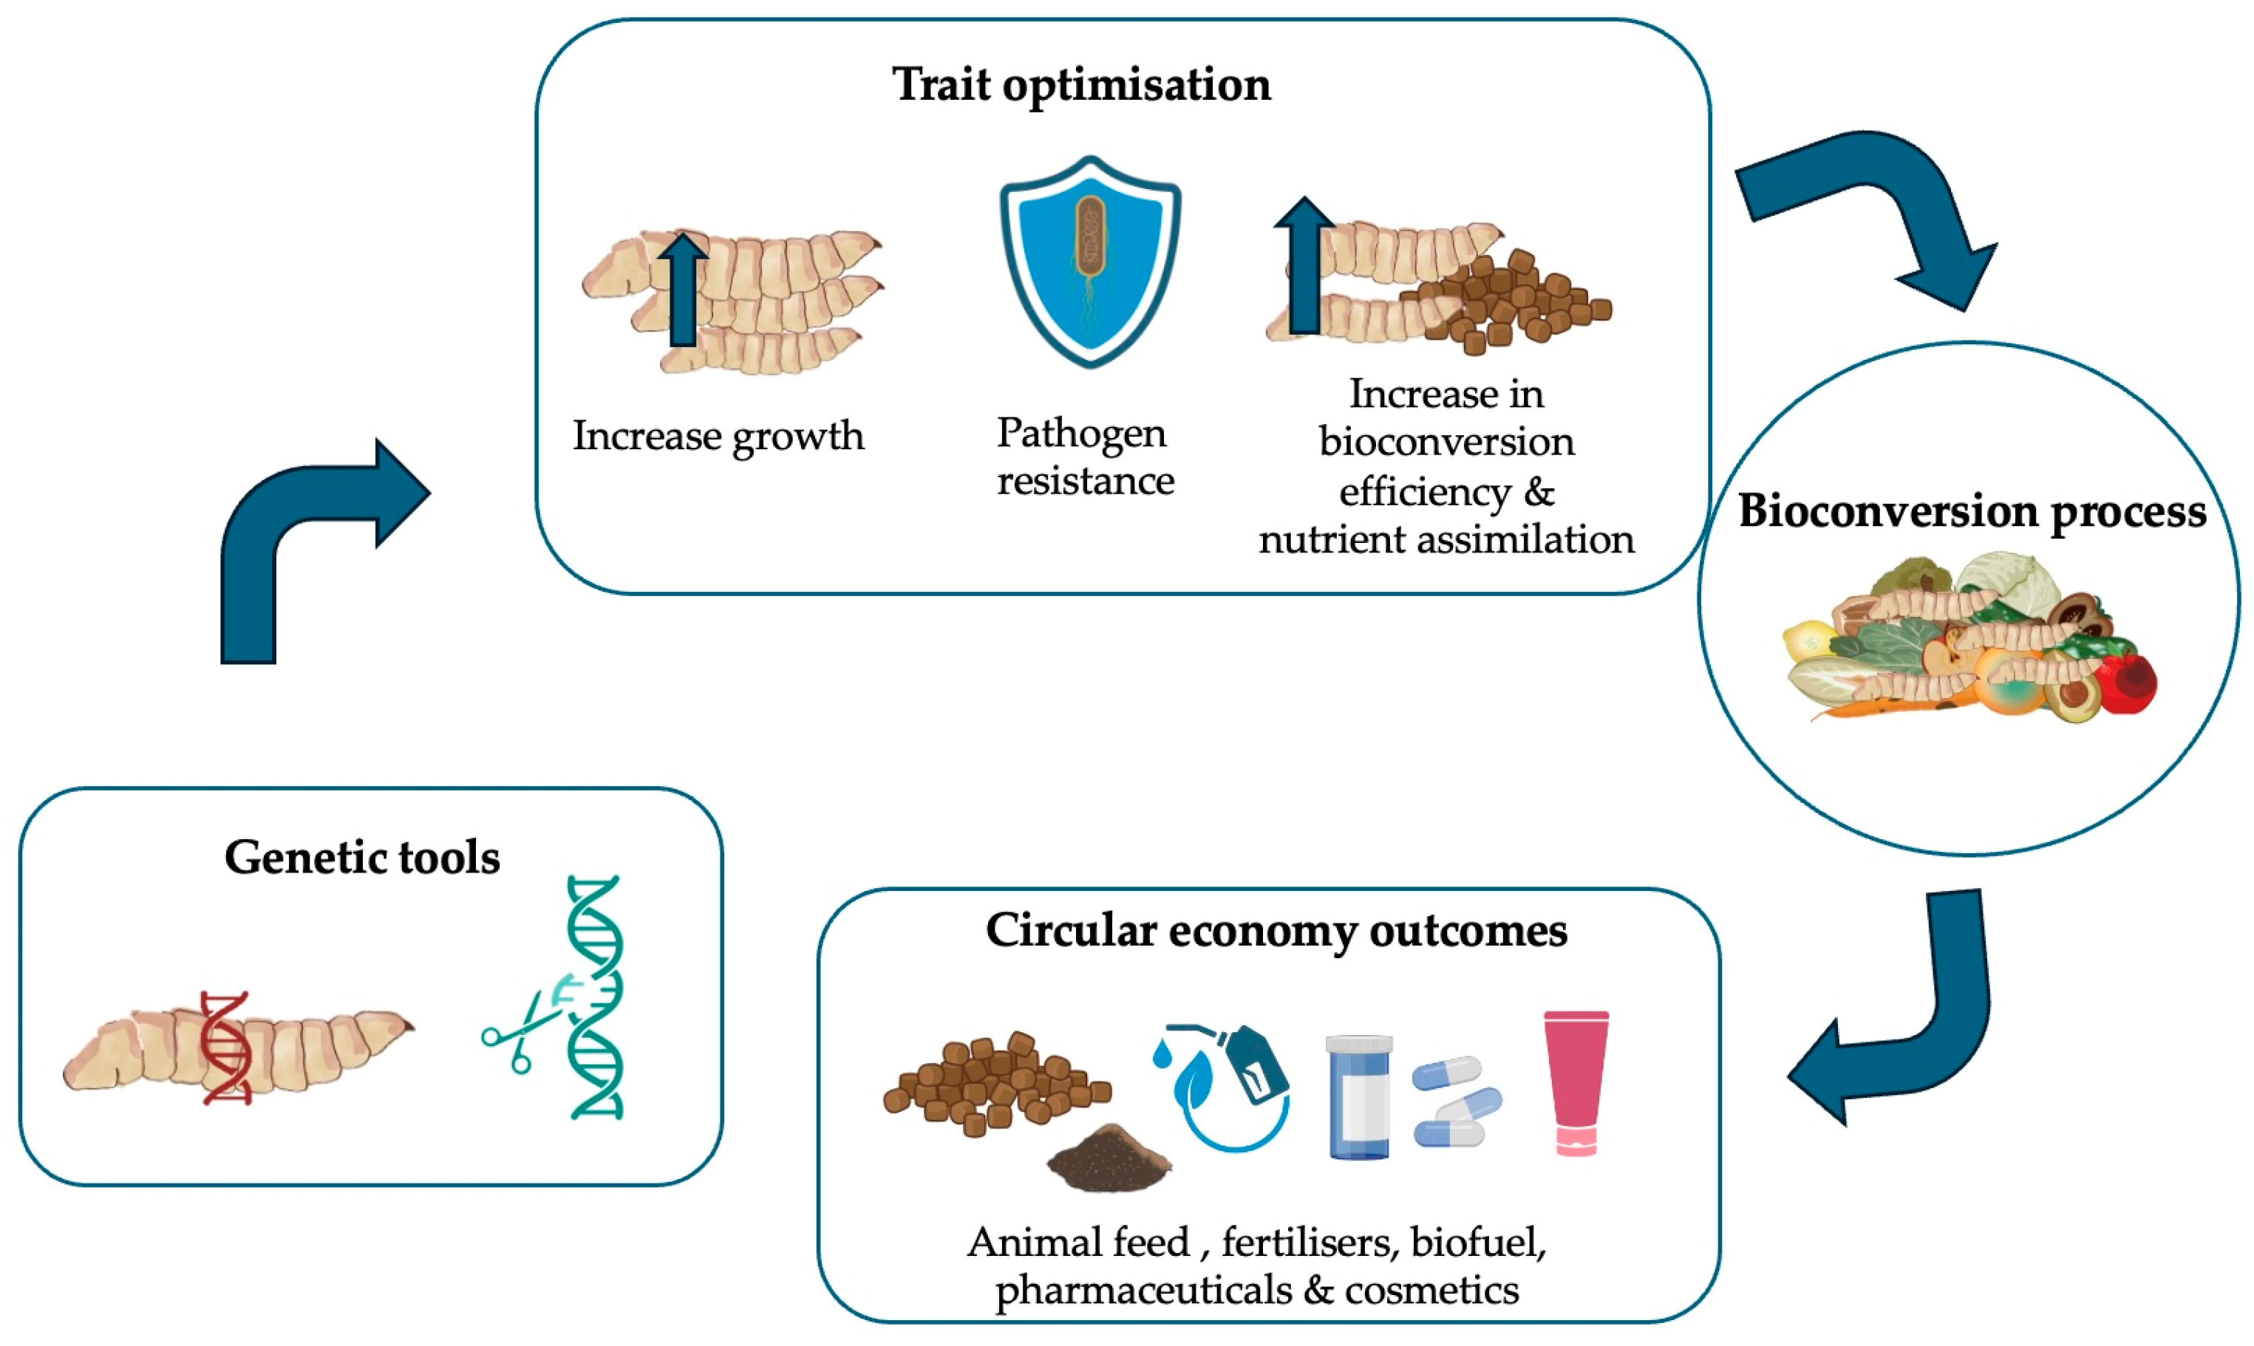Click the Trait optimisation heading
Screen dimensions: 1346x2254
1081,85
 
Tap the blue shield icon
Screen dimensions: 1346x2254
1090,263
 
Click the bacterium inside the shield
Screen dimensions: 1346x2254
1090,236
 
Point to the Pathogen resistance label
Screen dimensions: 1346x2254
1085,457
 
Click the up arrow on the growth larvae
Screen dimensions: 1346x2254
683,290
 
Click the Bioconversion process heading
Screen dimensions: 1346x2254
1971,510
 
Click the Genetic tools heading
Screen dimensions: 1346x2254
362,857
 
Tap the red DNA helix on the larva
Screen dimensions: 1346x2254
225,1048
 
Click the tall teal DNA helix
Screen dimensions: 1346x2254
596,998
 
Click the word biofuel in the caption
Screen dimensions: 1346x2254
1477,1243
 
